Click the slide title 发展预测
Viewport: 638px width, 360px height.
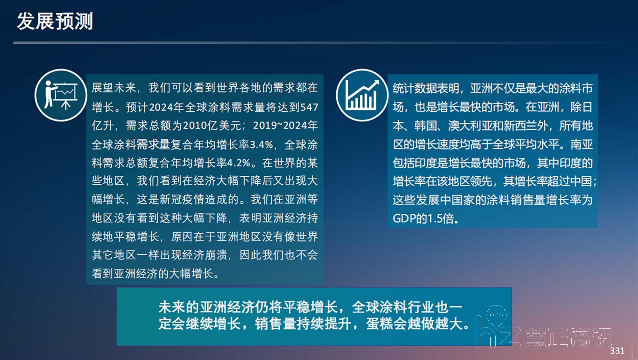55,21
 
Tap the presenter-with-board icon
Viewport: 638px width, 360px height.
61,95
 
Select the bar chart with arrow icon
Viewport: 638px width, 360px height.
362,95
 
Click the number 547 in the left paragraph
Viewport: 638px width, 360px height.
309,107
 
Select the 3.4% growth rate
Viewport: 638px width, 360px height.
261,145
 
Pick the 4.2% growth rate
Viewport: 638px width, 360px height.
239,163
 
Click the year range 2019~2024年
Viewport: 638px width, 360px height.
286,126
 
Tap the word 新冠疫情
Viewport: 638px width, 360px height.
182,200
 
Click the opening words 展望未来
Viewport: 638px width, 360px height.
114,88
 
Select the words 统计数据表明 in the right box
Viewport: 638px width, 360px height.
426,88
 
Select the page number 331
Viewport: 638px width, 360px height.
617,351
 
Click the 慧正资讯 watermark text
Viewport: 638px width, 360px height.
568,337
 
